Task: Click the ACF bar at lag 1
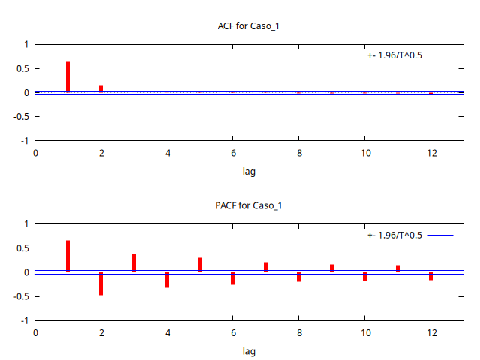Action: (68, 76)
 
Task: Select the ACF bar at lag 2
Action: (101, 88)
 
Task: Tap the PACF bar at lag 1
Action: (68, 256)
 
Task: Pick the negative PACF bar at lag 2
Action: (101, 283)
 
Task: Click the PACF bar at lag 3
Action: (134, 262)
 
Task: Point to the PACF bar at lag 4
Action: (167, 280)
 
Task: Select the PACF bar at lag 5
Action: (200, 265)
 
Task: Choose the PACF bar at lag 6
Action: (233, 278)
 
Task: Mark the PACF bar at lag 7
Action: (266, 266)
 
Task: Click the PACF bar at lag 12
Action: (431, 276)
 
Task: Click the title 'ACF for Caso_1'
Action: (248, 26)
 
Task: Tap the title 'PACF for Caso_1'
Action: (248, 205)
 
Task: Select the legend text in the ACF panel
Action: (394, 55)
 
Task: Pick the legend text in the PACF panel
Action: (394, 235)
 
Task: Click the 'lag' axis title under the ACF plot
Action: (249, 172)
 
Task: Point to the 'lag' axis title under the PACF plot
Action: (249, 351)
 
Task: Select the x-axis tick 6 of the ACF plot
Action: (233, 153)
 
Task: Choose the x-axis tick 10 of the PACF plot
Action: (365, 332)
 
